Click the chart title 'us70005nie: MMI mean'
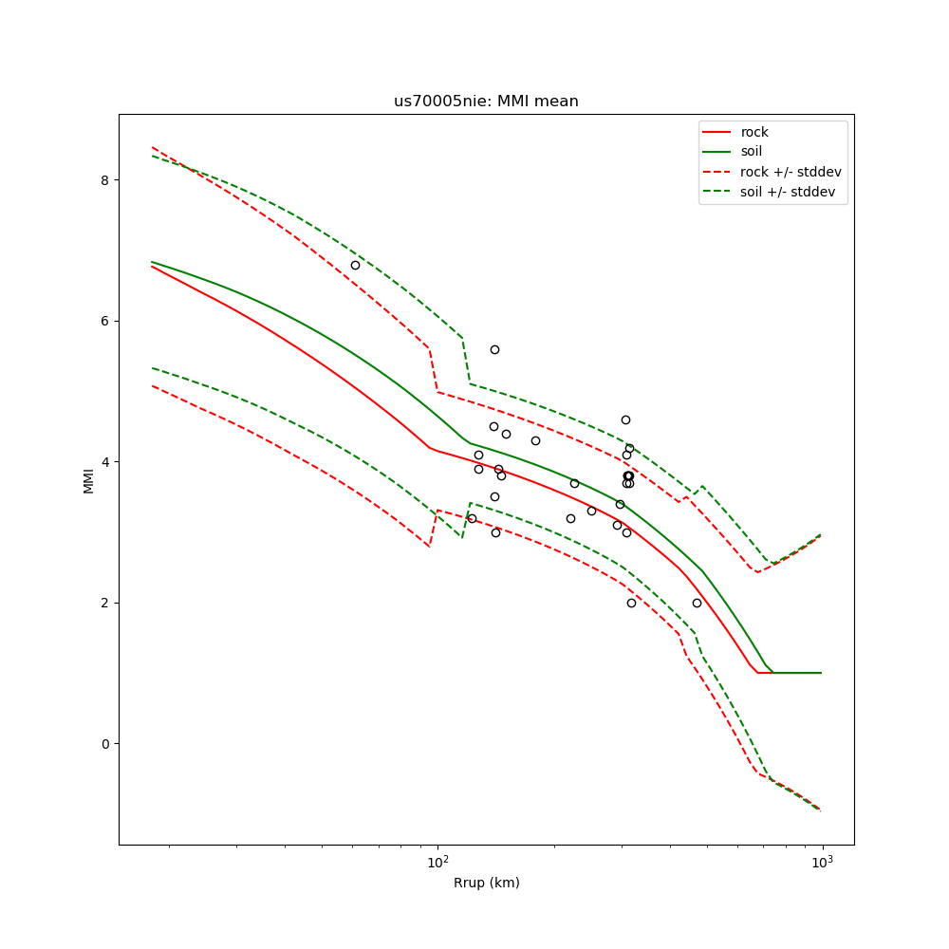coord(486,102)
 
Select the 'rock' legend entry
coord(754,132)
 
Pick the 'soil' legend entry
coord(751,152)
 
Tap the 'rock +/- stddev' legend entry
coord(791,172)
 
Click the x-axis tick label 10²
coord(437,862)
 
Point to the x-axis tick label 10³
coord(822,862)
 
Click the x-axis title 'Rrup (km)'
coord(486,883)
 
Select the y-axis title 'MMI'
coord(88,479)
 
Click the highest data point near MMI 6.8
coord(355,265)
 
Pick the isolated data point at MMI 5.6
coord(494,349)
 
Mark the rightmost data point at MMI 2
coord(697,603)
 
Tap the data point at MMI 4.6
coord(625,419)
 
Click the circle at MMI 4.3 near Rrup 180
coord(535,440)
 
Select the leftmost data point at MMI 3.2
coord(472,518)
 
